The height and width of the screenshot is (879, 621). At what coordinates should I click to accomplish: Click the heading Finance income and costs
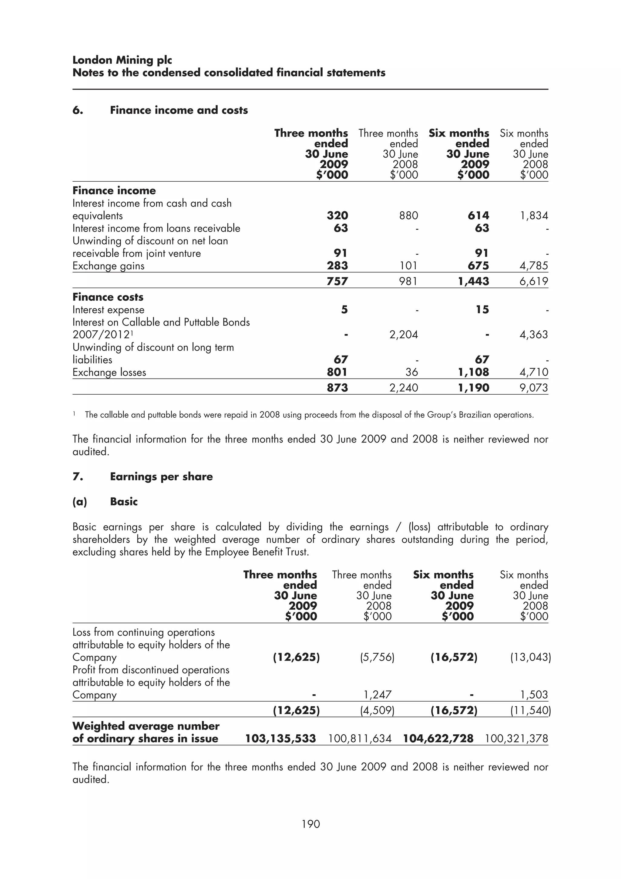(x=179, y=110)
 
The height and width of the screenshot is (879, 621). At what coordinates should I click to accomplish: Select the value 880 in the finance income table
(x=408, y=216)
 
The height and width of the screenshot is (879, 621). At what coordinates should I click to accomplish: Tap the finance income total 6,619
(x=533, y=281)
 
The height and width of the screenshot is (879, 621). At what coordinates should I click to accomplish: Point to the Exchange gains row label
(x=108, y=266)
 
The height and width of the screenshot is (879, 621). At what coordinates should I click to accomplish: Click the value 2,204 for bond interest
(x=403, y=335)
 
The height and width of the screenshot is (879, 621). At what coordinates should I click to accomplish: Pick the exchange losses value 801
(x=337, y=372)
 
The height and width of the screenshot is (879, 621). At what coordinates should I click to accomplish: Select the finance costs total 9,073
(x=533, y=388)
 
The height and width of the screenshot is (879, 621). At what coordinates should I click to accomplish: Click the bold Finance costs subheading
(x=108, y=297)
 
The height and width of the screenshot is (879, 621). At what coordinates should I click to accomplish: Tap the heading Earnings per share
(x=161, y=477)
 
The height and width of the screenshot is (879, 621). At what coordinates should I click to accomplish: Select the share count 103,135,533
(x=280, y=739)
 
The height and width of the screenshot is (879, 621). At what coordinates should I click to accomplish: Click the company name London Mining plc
(x=122, y=60)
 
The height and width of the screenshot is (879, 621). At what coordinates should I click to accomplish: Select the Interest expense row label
(x=108, y=310)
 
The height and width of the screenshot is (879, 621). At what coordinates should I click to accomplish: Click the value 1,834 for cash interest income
(x=533, y=216)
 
